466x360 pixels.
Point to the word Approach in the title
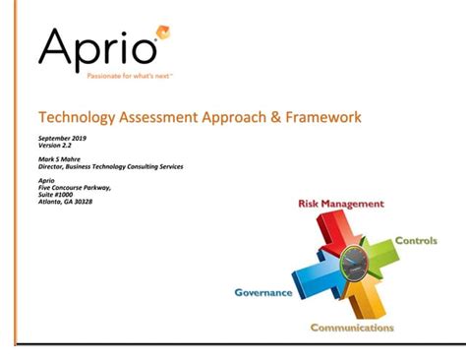242,118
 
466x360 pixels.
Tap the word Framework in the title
325,118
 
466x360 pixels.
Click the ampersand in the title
283,118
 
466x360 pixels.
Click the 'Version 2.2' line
54,148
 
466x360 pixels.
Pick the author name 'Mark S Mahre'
60,159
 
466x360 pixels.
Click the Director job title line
110,167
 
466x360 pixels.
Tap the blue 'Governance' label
262,292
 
